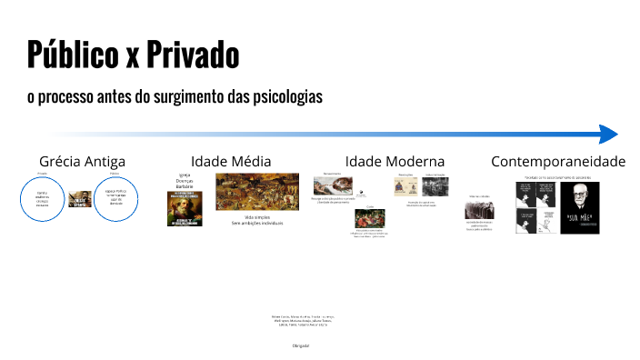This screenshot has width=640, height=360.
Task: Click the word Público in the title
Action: click(x=70, y=55)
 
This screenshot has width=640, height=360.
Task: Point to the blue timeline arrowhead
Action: click(x=608, y=135)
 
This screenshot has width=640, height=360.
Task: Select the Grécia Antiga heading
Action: click(x=82, y=161)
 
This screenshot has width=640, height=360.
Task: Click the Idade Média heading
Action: click(x=231, y=161)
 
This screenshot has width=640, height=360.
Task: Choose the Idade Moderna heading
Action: click(x=395, y=161)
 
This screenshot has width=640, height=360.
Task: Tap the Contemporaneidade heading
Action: click(x=558, y=161)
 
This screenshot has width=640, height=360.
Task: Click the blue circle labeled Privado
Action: click(x=42, y=199)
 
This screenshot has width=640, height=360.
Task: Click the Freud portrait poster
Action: click(x=579, y=208)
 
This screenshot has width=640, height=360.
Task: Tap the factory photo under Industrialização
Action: click(x=434, y=186)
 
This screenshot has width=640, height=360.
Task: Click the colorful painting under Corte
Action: click(x=368, y=218)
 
